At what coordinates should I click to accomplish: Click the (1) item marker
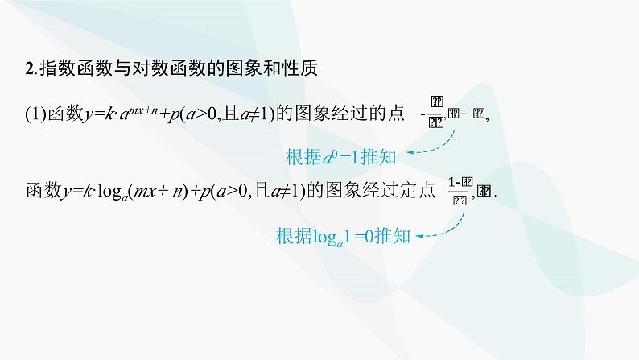pyautogui.click(x=35, y=116)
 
